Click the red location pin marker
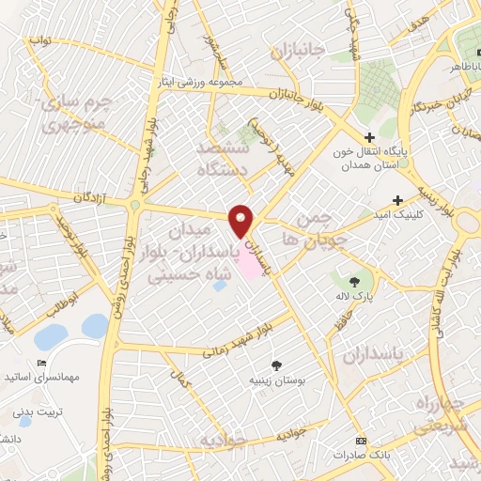[242, 220]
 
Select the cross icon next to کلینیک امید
[398, 199]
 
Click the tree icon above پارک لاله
[354, 281]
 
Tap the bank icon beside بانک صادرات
[361, 441]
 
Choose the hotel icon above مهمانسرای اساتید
[39, 364]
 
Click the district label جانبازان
[298, 49]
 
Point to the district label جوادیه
[226, 441]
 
